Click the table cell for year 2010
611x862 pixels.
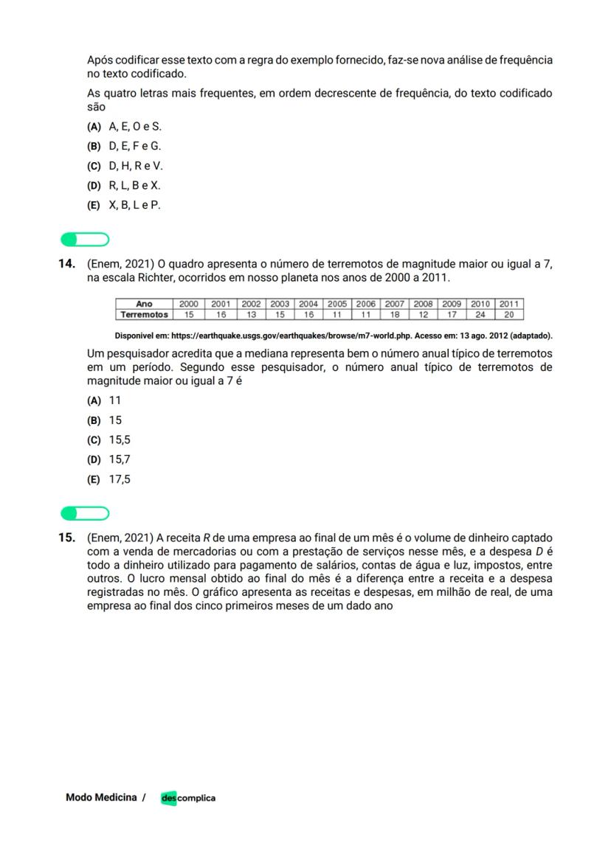[480, 304]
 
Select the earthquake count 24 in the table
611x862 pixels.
[480, 314]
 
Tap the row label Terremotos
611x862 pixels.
[144, 314]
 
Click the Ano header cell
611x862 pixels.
[144, 304]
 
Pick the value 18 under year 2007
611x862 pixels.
[394, 314]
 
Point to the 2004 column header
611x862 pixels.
[308, 304]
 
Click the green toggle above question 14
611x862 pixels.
[85, 239]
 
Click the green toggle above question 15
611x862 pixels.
[85, 512]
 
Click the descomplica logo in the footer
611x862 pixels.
[188, 798]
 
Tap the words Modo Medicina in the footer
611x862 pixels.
[101, 798]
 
